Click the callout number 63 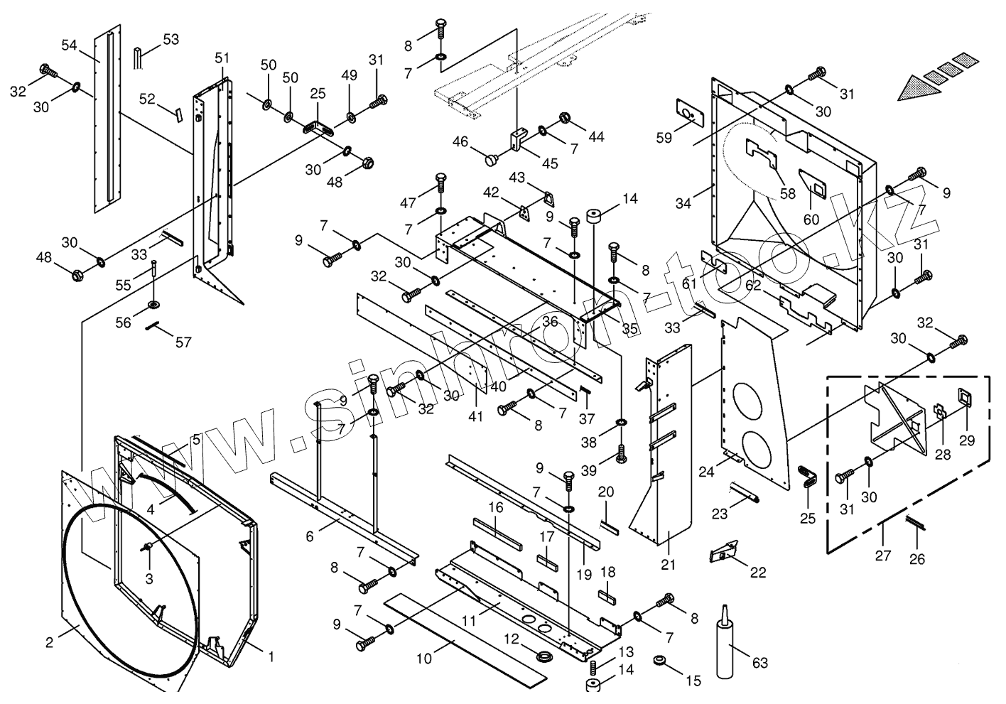[759, 663]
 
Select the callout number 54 [69, 45]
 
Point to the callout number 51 [222, 58]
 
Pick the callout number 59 [664, 139]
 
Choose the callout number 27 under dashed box [882, 555]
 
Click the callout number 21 [669, 565]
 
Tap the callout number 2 [49, 643]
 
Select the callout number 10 [423, 659]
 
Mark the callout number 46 [460, 142]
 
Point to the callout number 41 [475, 416]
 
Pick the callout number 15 [693, 681]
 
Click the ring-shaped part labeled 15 [660, 661]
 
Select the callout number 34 [683, 203]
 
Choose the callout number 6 [310, 536]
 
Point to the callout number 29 [967, 440]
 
